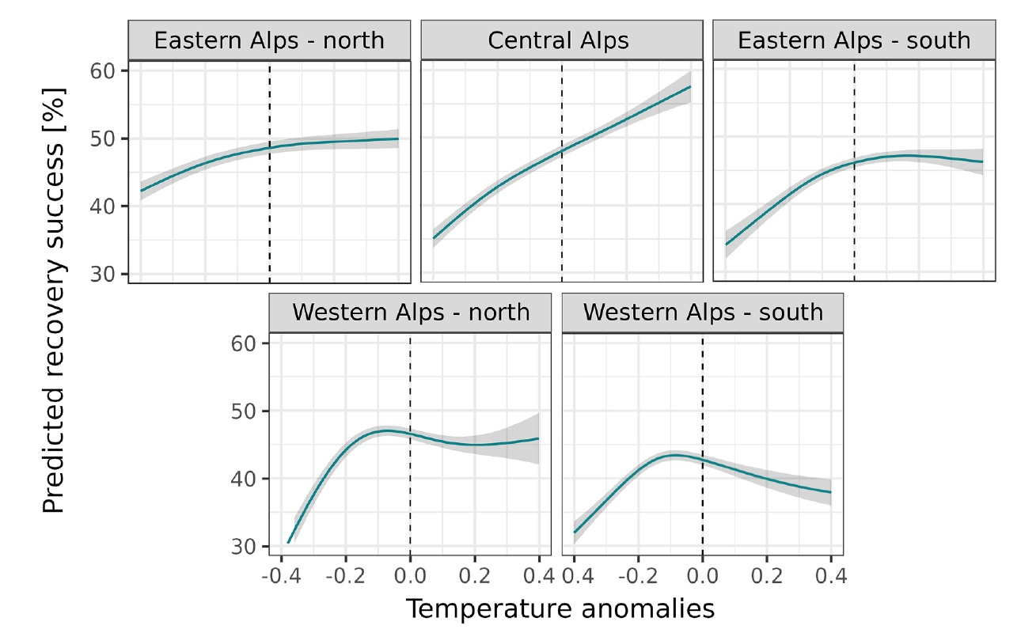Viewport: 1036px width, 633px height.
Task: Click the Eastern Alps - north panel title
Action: [x=269, y=41]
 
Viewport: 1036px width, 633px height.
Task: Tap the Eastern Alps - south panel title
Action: [x=854, y=41]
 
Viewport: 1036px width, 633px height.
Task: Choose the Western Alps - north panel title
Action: [x=411, y=312]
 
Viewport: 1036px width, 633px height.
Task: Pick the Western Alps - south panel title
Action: [x=703, y=312]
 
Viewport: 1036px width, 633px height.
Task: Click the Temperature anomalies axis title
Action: [x=560, y=608]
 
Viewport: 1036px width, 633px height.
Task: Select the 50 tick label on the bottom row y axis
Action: [x=246, y=411]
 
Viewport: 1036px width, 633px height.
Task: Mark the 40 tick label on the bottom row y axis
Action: [x=246, y=479]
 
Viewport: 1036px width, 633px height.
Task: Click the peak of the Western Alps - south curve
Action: [x=675, y=455]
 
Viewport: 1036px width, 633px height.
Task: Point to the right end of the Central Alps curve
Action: [x=690, y=87]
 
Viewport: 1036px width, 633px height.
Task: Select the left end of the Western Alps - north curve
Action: [x=289, y=542]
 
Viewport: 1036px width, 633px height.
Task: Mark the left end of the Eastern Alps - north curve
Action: [x=142, y=191]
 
